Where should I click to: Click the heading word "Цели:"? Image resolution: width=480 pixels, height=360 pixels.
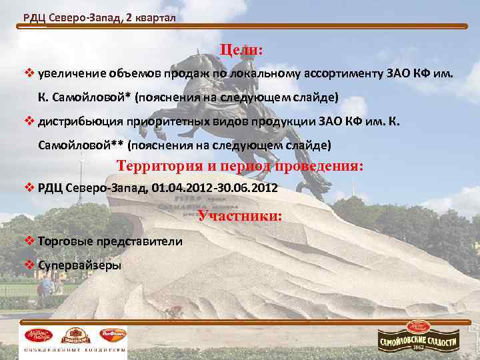pyautogui.click(x=242, y=50)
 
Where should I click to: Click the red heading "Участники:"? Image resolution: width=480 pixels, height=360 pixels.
pyautogui.click(x=241, y=216)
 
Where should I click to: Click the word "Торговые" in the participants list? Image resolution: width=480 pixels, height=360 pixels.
pyautogui.click(x=65, y=241)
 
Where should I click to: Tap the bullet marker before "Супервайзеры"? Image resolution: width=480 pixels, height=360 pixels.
pyautogui.click(x=29, y=265)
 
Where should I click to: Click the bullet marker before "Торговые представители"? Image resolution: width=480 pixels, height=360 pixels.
pyautogui.click(x=29, y=241)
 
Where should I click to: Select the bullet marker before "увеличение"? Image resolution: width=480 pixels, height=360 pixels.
pyautogui.click(x=29, y=72)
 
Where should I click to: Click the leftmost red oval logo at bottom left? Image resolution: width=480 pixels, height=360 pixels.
pyautogui.click(x=37, y=334)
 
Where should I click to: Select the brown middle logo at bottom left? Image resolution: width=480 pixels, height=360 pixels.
pyautogui.click(x=75, y=334)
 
